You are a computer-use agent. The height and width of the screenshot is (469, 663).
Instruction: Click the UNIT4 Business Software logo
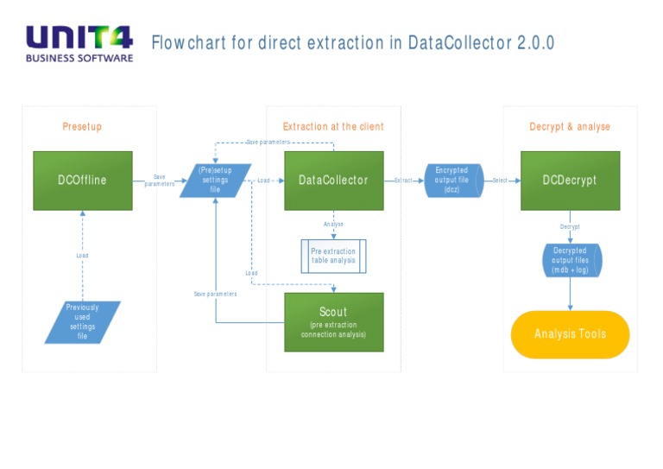point(79,43)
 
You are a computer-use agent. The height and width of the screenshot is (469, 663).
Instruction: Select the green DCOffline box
point(83,181)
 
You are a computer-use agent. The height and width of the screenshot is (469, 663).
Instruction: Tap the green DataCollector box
point(333,181)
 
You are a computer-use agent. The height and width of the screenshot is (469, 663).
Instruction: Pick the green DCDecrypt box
point(570,181)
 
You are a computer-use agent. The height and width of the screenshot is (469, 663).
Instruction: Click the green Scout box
point(333,321)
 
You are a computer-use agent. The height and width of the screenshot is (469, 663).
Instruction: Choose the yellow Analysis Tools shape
point(570,334)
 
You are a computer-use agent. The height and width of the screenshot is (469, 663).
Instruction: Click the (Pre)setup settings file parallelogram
point(215,181)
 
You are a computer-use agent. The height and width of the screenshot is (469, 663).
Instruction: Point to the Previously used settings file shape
point(82,321)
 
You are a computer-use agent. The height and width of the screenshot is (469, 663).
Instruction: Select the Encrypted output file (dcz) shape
point(452,181)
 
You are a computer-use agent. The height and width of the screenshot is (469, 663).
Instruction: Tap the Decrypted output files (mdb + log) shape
point(570,260)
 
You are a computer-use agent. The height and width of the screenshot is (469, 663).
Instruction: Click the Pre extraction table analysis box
point(333,257)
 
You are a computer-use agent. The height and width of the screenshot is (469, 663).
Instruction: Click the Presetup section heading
point(82,127)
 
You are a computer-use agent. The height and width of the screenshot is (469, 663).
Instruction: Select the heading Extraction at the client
point(333,127)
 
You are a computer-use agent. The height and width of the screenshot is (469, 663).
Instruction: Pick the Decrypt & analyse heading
point(570,127)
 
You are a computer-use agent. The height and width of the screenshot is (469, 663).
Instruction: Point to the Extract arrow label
point(403,181)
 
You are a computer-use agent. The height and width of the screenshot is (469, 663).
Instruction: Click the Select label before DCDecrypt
point(500,181)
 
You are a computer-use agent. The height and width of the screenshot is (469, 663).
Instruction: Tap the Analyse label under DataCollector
point(333,225)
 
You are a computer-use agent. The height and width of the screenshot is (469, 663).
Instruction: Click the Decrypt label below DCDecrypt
point(570,227)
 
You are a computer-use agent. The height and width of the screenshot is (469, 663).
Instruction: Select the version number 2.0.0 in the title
point(535,42)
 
